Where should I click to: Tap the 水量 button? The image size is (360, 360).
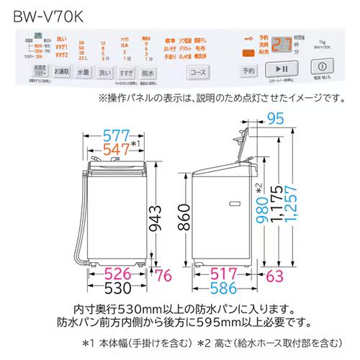click(83, 72)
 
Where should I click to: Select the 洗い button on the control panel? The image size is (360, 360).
click(105, 72)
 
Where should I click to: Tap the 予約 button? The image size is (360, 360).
click(248, 71)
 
